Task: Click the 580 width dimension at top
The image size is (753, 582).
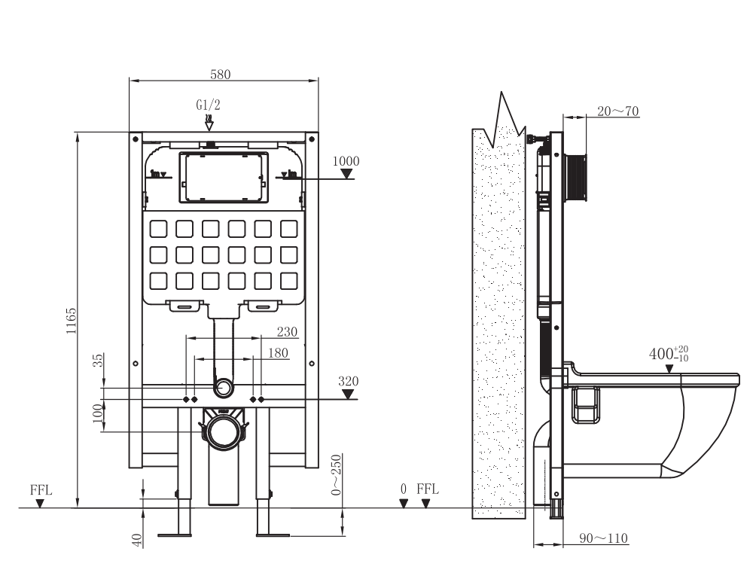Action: coord(221,74)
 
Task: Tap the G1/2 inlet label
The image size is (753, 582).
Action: coord(209,106)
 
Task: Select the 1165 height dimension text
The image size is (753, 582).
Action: coord(71,321)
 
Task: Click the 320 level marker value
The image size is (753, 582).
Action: coord(347,381)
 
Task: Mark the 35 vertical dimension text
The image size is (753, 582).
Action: coord(97,361)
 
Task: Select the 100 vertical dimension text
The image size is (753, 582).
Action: coord(97,413)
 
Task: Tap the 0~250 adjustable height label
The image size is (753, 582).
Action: coord(336,474)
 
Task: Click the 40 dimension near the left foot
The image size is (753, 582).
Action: coord(137,540)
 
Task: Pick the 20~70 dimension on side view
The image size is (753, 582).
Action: coord(617,111)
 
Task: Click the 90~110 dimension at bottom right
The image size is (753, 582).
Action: coord(605,538)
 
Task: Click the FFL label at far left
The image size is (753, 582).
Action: coord(41,489)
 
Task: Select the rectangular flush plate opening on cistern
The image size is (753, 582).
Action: coord(224,178)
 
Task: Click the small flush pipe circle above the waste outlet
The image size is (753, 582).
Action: coord(224,389)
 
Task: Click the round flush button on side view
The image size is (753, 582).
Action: coord(578,178)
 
